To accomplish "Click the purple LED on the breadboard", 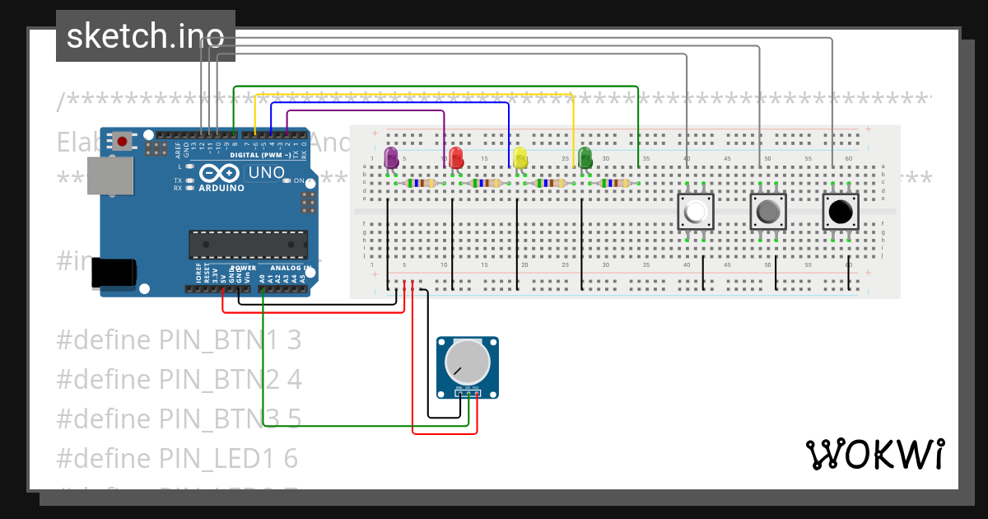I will pyautogui.click(x=391, y=157).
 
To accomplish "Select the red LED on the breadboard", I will pyautogui.click(x=455, y=157).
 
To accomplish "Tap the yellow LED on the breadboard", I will pyautogui.click(x=520, y=157).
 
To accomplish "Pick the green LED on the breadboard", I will pyautogui.click(x=585, y=157).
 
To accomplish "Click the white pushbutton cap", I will pyautogui.click(x=695, y=213).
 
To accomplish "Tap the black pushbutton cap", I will pyautogui.click(x=840, y=213).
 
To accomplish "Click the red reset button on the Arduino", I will pyautogui.click(x=122, y=141).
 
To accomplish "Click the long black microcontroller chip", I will pyautogui.click(x=248, y=245).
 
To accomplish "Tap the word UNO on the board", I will pyautogui.click(x=267, y=173).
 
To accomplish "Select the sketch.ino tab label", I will pyautogui.click(x=145, y=35).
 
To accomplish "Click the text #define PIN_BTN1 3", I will pyautogui.click(x=179, y=339).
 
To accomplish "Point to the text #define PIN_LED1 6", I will pyautogui.click(x=177, y=457).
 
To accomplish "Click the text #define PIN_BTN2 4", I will pyautogui.click(x=179, y=379).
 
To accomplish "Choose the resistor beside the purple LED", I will pyautogui.click(x=420, y=184).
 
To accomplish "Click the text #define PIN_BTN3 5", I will pyautogui.click(x=179, y=418).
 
